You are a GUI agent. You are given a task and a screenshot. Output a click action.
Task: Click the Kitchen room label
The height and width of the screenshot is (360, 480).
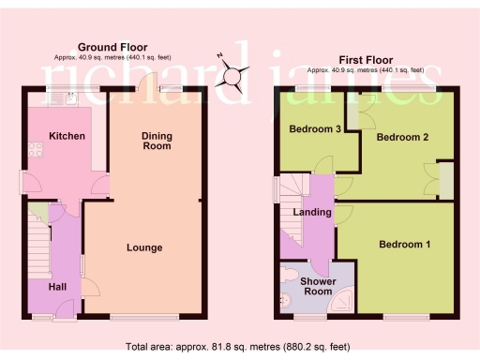67,137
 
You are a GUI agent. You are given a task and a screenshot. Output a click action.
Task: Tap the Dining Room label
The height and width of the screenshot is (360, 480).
157,142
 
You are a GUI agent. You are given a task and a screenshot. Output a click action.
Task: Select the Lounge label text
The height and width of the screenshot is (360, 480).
145,248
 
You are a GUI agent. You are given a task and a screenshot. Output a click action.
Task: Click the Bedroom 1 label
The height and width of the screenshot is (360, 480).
405,245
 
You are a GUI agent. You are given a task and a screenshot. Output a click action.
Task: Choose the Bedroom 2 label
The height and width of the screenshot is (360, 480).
402,137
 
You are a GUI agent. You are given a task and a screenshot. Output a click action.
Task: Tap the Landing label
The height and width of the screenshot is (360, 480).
312,212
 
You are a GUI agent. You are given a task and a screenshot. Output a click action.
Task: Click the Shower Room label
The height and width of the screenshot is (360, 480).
317,286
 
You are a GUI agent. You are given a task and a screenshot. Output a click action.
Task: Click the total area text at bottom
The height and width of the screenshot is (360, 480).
239,346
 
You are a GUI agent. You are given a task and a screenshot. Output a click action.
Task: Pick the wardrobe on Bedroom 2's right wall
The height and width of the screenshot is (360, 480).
445,180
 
